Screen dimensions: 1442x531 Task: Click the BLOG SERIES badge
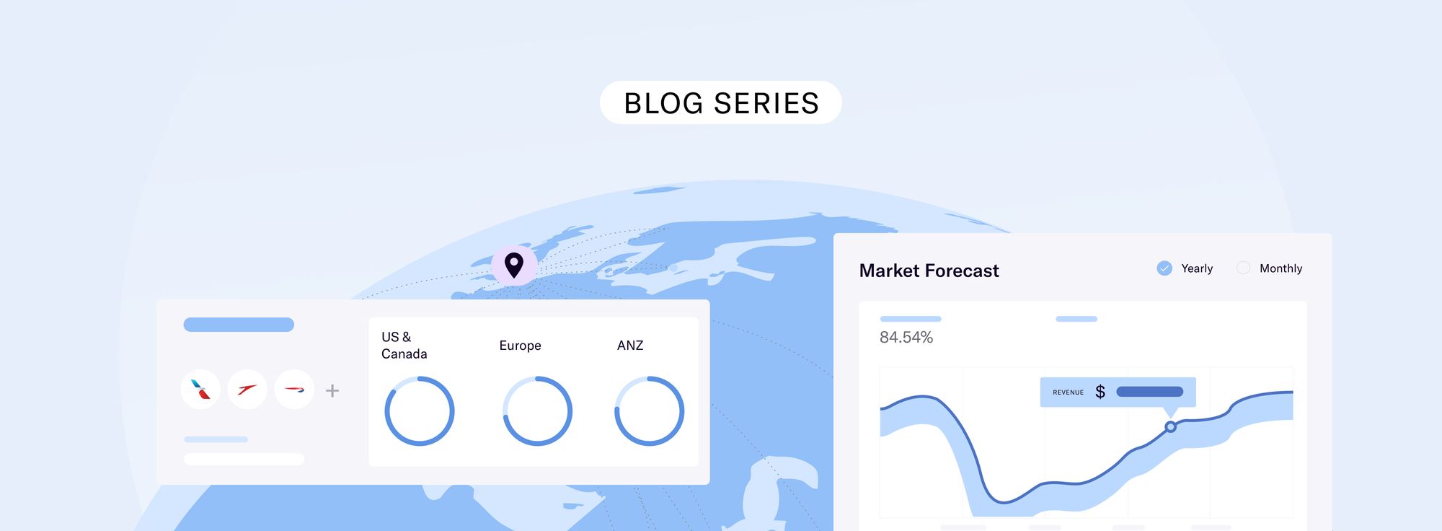[x=720, y=102]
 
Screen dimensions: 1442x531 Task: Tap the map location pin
[x=514, y=265]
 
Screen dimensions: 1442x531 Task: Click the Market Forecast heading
[x=929, y=271]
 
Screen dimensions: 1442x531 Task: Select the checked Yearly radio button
[x=1164, y=268]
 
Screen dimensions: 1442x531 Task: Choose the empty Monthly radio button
[x=1243, y=268]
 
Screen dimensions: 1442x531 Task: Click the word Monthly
[x=1280, y=268]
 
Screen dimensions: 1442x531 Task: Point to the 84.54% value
[x=906, y=338]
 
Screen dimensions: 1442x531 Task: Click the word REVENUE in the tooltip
[x=1068, y=392]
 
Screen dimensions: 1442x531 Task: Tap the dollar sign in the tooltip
[x=1100, y=392]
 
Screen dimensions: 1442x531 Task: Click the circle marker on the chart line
[x=1170, y=427]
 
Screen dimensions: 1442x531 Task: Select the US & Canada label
[x=404, y=346]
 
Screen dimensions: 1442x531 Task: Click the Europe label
[x=520, y=346]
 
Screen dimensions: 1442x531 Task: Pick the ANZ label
[x=630, y=346]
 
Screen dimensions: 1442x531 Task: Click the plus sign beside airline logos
[x=332, y=390]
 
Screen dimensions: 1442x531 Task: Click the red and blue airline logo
[x=200, y=390]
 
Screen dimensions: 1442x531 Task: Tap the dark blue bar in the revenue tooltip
[x=1150, y=392]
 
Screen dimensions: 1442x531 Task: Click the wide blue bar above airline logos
[x=239, y=325]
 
